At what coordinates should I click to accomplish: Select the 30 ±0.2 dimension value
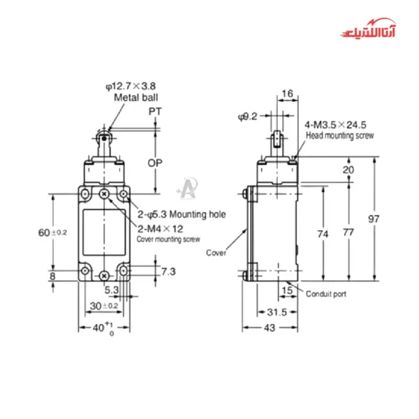coord(104,306)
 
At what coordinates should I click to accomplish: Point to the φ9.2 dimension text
coord(248,116)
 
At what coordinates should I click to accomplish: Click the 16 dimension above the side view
coord(288,93)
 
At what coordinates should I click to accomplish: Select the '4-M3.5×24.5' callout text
coord(335,124)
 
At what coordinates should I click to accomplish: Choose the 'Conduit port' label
coord(325,294)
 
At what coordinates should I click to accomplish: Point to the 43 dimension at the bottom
coord(268,328)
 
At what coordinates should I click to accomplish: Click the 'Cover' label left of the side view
coord(216,253)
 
